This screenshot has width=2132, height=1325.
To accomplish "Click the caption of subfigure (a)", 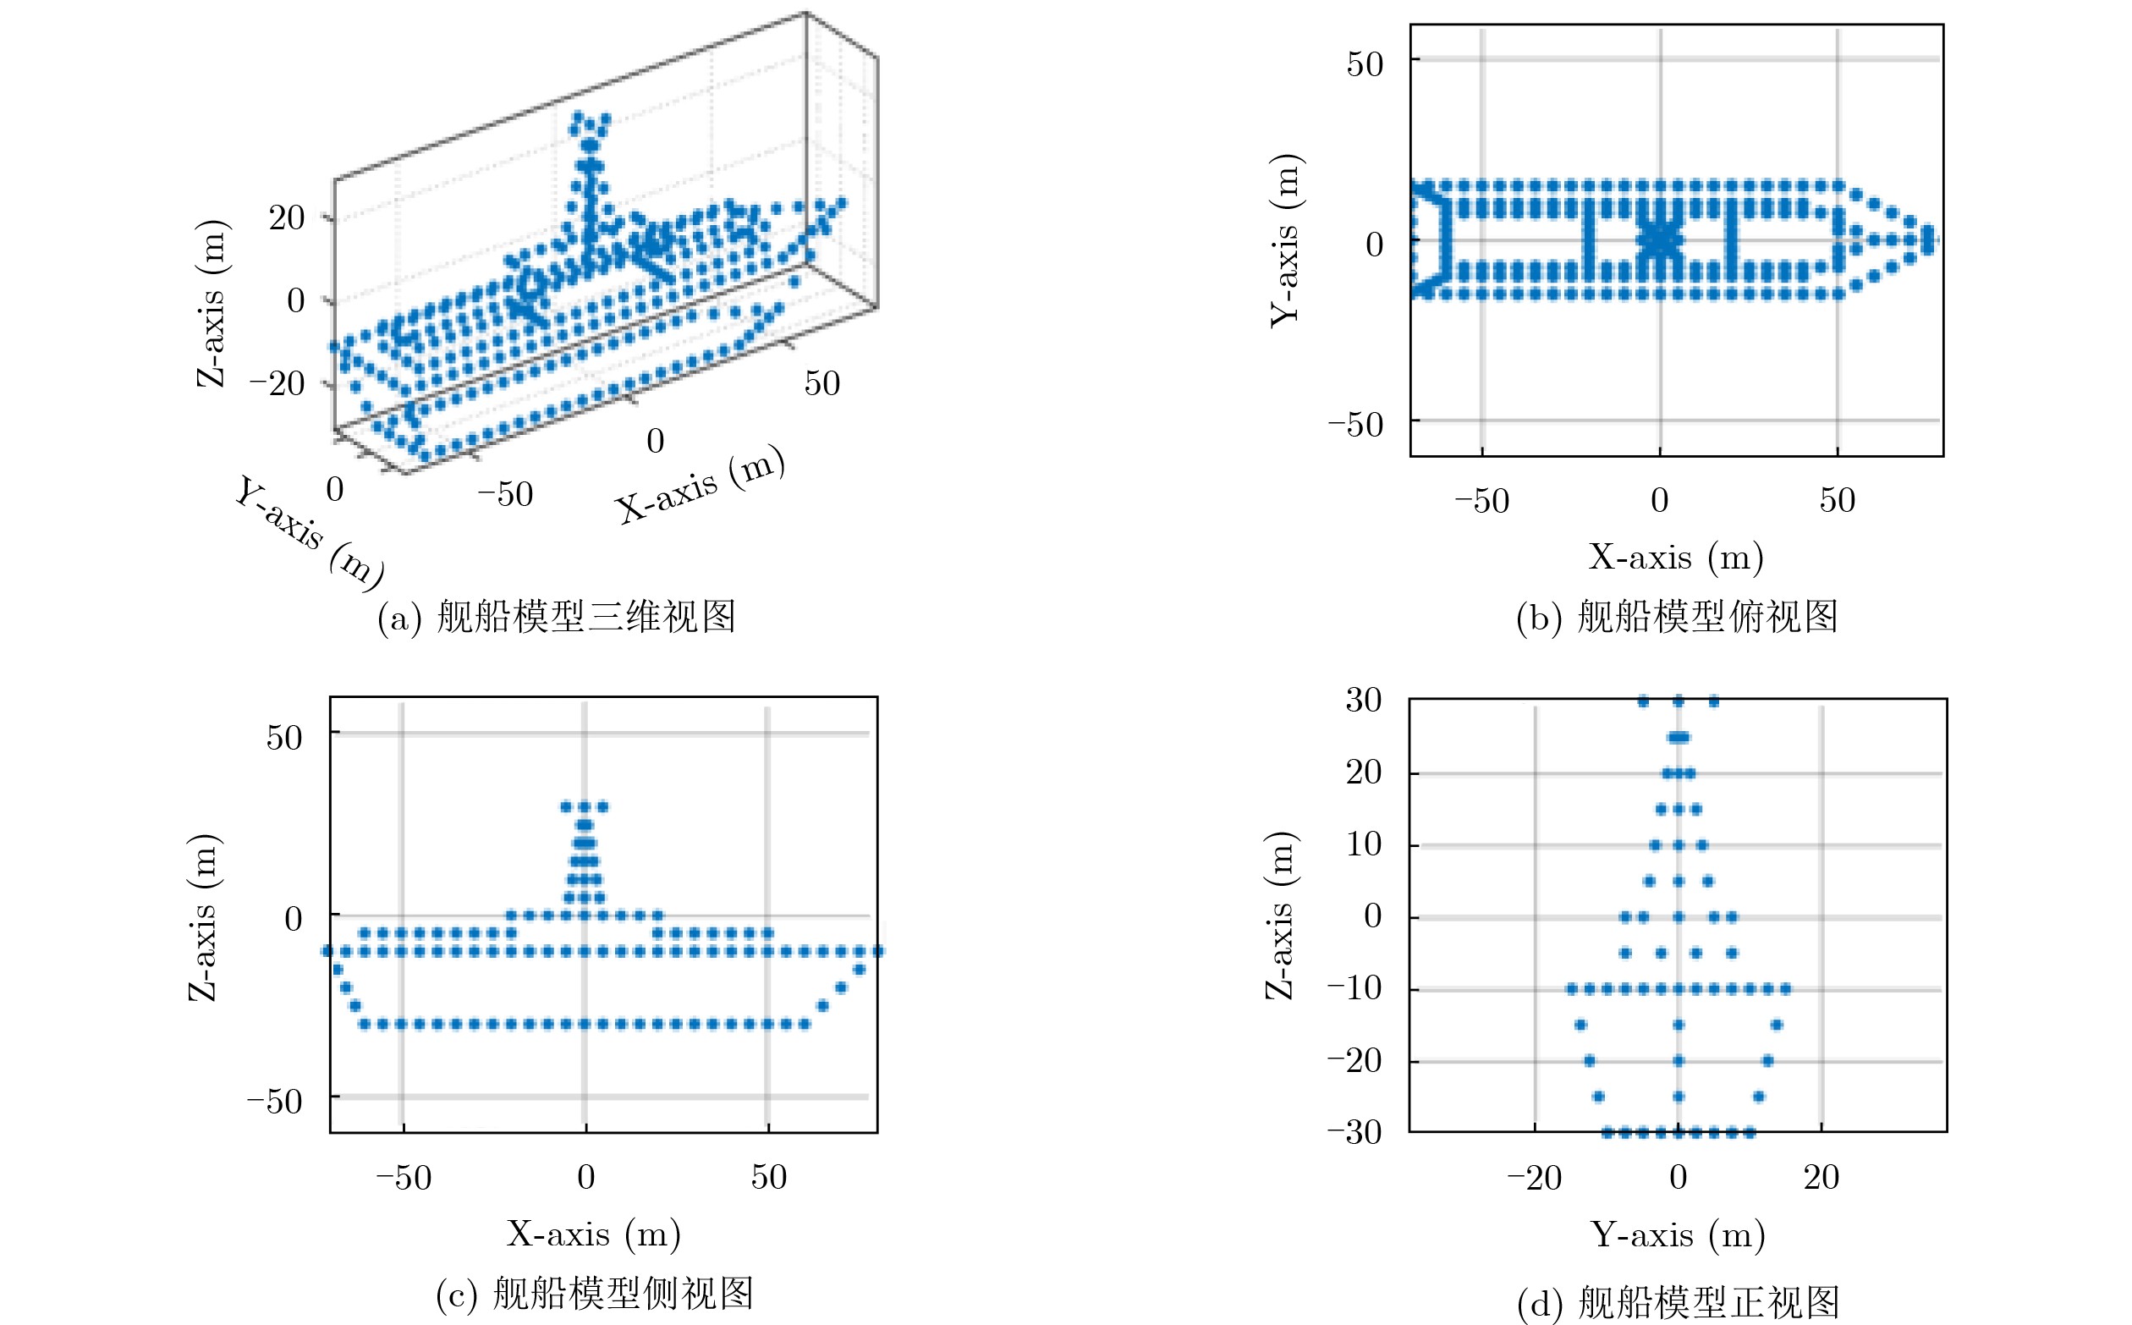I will [557, 618].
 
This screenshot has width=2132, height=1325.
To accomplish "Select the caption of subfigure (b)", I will [1676, 618].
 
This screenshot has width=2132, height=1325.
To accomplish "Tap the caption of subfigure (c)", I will [595, 1295].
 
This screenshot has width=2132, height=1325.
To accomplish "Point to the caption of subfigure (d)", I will [1677, 1303].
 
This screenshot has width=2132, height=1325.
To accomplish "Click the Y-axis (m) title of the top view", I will [1286, 240].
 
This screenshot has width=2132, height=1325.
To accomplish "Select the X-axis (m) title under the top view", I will [1675, 558].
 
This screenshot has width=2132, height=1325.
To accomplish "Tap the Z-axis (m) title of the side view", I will [204, 916].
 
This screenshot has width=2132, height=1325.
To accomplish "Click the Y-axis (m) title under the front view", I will [1677, 1234].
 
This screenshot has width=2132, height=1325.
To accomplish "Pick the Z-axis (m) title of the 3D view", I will [212, 302].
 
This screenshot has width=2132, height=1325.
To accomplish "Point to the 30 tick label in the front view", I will [1364, 701].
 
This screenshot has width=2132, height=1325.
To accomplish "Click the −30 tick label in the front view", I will [1354, 1132].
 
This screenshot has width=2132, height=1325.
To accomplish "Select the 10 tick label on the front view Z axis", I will [1364, 844].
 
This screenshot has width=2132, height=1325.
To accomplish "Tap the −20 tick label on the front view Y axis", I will [1534, 1178].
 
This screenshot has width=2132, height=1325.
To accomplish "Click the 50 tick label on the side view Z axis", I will [284, 738].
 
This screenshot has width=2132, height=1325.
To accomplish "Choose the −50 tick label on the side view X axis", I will [403, 1178].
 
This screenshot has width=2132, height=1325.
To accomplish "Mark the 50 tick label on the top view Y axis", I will [1365, 64].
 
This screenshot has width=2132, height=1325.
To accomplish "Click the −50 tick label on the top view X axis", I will [1481, 500].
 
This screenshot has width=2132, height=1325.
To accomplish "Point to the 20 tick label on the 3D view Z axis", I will [287, 217].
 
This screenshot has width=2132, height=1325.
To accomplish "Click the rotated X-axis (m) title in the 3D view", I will [700, 484].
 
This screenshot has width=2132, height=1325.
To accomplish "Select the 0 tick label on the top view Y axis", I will [1374, 245].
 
